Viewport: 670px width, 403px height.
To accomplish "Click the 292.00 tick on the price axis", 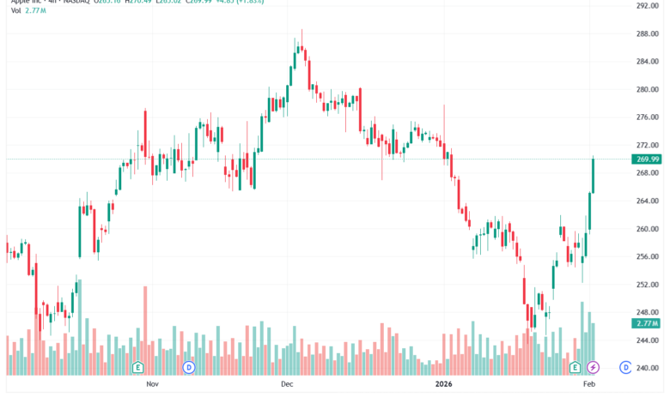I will [647, 5].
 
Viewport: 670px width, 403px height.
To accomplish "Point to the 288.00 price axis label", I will [647, 33].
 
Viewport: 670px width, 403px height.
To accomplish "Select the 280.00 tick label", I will [647, 89].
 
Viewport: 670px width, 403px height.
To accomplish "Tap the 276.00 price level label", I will [647, 117].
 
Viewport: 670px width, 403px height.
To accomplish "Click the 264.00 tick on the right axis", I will [647, 201].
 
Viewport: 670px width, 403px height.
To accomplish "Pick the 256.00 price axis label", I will [647, 256].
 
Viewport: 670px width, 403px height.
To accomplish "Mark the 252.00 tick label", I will [647, 285].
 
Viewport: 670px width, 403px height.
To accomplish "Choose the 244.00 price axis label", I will [647, 340].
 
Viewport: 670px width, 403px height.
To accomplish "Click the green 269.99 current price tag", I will [647, 159].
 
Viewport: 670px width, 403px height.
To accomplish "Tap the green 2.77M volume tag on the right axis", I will [647, 323].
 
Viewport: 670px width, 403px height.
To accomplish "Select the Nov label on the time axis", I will [153, 386].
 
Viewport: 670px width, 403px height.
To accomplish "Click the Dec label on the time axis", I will [287, 386].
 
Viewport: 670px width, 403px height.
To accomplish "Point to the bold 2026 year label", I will [443, 386].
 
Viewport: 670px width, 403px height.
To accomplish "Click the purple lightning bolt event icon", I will [593, 368].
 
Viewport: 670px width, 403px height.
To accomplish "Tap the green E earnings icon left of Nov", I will [137, 368].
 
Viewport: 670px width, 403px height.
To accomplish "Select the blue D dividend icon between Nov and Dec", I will [189, 368].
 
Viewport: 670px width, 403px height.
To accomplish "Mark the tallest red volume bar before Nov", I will [145, 330].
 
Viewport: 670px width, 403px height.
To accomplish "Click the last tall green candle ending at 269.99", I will [593, 176].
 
